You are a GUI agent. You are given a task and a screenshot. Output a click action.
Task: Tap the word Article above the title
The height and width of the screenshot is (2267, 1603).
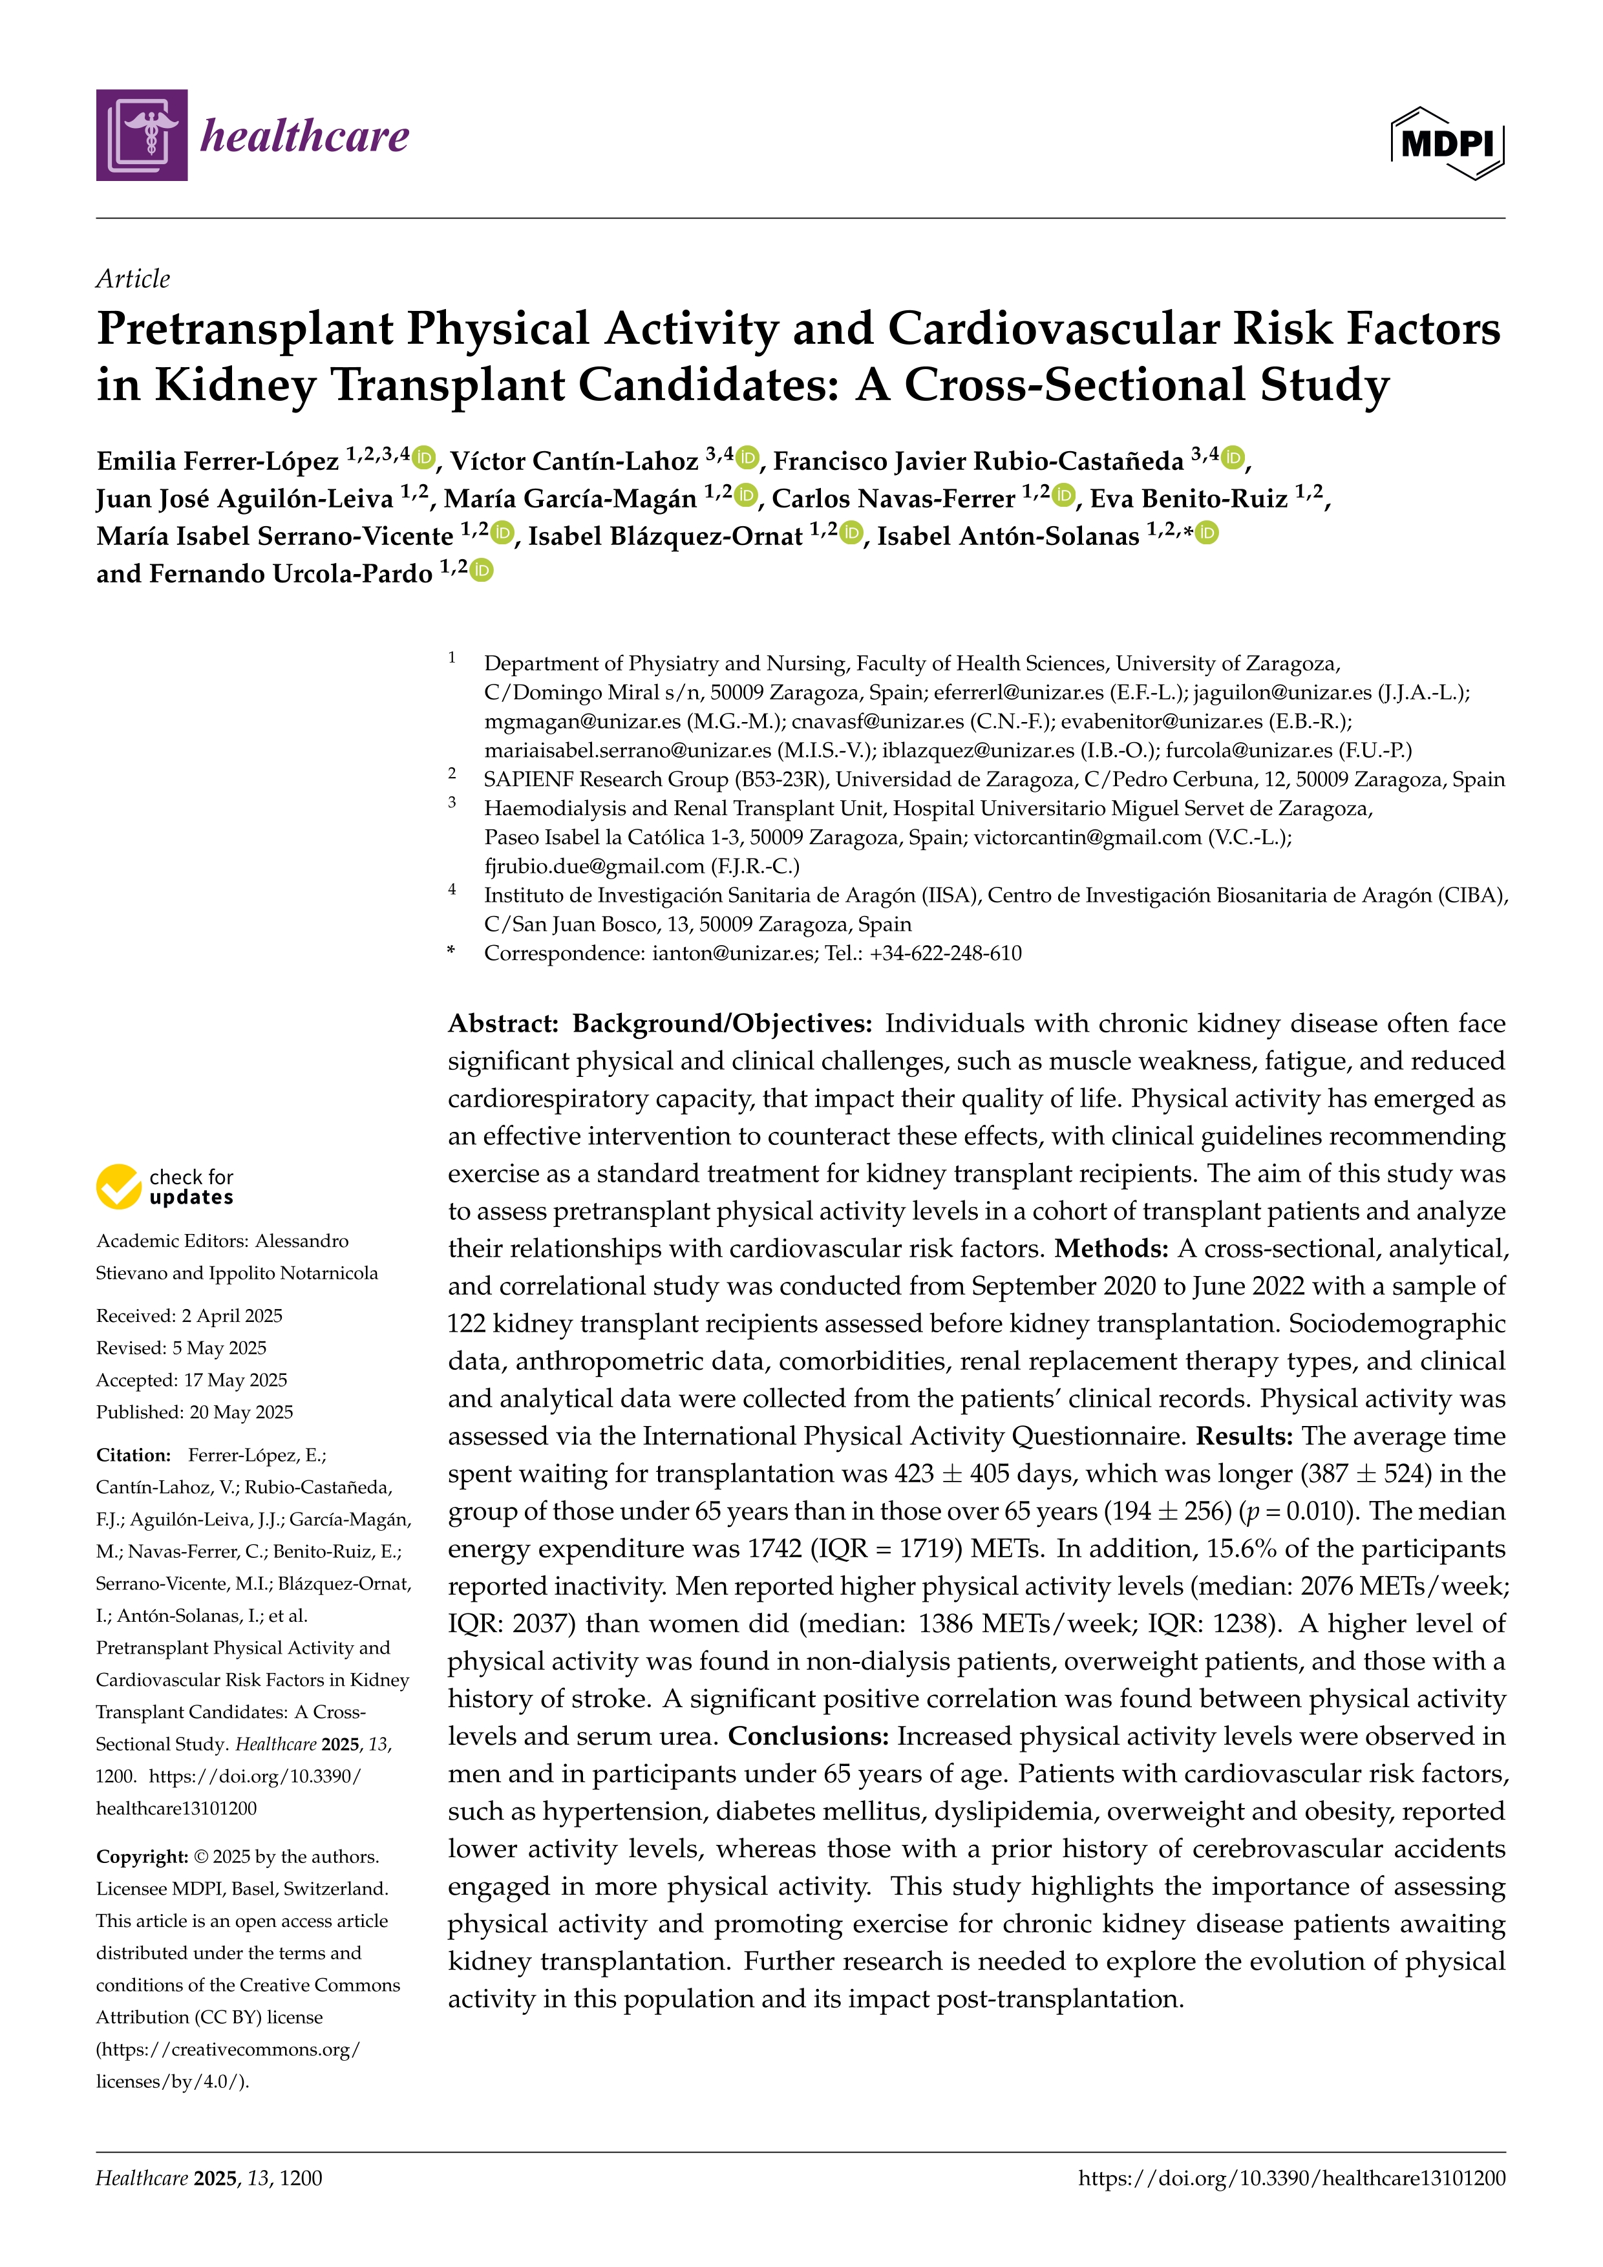pyautogui.click(x=133, y=279)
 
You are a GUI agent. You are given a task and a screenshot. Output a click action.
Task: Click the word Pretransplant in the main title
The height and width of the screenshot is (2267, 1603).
pyautogui.click(x=245, y=329)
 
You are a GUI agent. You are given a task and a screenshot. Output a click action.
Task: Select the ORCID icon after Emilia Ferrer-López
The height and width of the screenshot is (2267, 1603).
pyautogui.click(x=425, y=458)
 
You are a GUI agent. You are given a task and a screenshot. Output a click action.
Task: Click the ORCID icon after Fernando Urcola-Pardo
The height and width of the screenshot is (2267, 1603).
pyautogui.click(x=481, y=571)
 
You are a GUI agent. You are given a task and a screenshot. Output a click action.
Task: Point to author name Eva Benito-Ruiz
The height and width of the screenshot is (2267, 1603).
pyautogui.click(x=1189, y=498)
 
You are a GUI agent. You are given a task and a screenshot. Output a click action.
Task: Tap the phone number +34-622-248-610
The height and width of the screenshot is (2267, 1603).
pyautogui.click(x=946, y=954)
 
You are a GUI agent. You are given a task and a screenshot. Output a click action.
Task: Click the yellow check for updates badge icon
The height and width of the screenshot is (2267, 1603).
pyautogui.click(x=118, y=1187)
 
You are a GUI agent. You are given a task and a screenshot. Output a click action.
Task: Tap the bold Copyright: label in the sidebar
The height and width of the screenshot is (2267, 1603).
pyautogui.click(x=141, y=1857)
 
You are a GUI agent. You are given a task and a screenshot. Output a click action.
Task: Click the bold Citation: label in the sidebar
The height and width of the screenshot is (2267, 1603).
pyautogui.click(x=133, y=1455)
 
